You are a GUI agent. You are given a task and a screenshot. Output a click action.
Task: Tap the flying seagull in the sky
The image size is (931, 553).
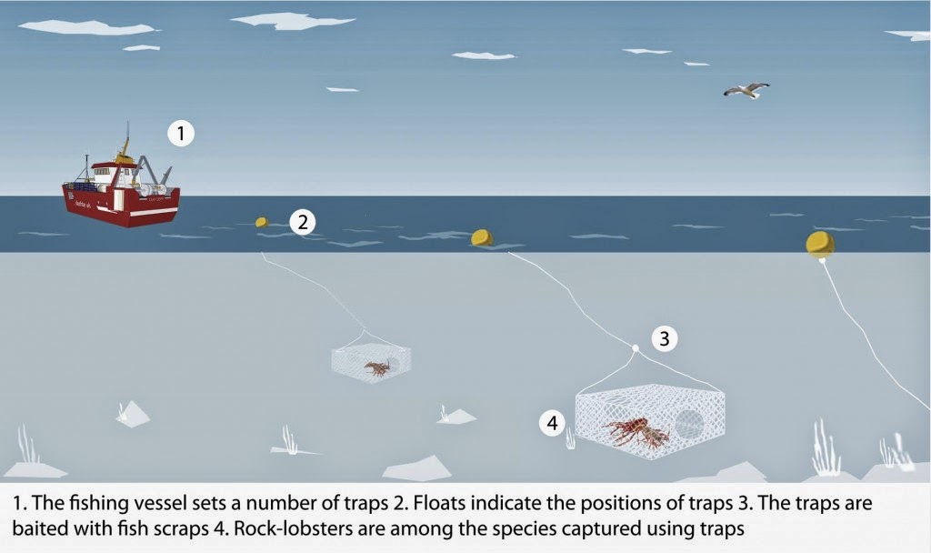[746, 89]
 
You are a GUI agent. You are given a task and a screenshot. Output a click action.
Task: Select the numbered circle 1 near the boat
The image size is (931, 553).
[181, 135]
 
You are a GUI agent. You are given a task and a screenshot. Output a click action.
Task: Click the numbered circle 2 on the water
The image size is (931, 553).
[303, 221]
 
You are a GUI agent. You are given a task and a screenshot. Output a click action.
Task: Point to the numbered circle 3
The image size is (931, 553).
[665, 339]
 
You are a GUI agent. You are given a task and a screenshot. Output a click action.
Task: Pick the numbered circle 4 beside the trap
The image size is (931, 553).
[554, 422]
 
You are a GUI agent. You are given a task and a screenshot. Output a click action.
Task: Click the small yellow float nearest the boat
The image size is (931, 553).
[262, 222]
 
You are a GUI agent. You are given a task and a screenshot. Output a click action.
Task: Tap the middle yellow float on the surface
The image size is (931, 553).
[482, 238]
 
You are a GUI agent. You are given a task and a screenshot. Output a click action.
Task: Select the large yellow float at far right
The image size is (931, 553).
[819, 244]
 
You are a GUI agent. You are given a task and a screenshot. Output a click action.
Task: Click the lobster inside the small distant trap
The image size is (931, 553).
[377, 367]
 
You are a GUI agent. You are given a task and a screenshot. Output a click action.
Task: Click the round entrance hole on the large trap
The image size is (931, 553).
[690, 425]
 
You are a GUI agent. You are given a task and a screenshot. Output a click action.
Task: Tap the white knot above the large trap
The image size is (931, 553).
[635, 348]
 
